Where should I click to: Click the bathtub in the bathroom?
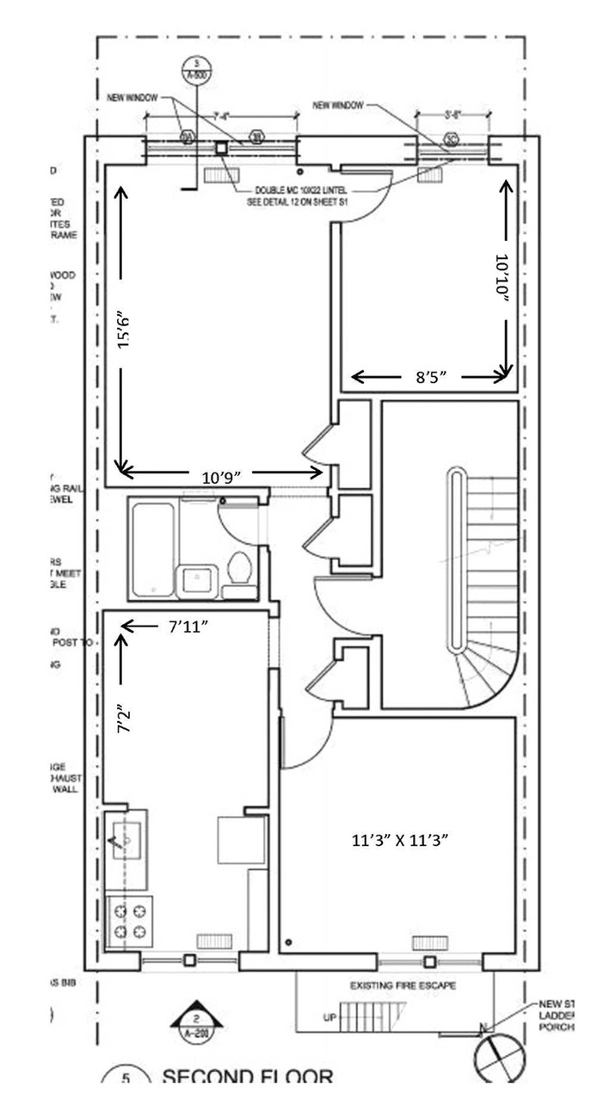click(x=153, y=547)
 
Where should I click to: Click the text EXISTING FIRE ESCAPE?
click(x=403, y=985)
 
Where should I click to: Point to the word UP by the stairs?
click(x=329, y=1018)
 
